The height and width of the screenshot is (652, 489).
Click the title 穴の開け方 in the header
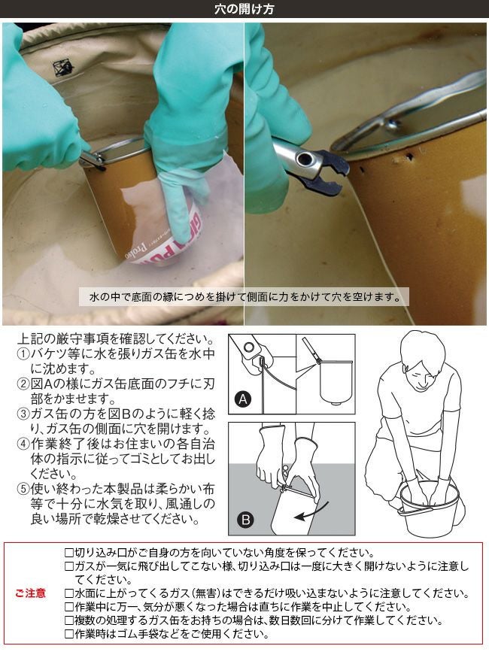[244, 9]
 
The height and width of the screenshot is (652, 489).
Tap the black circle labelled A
[243, 399]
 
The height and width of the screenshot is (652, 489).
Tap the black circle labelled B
[245, 520]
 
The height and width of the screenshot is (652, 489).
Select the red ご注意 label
[30, 593]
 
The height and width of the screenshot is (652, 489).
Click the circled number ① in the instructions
[23, 354]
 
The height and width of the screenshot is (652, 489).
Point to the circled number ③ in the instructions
[23, 414]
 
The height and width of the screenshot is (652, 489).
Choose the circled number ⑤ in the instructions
[23, 489]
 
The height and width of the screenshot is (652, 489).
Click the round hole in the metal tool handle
[304, 158]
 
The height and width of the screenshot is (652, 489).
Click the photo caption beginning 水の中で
[244, 297]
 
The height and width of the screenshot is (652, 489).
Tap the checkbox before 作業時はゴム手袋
[69, 634]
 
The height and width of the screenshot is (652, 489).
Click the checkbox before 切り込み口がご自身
[69, 553]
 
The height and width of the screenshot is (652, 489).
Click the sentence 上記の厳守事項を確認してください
[117, 339]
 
